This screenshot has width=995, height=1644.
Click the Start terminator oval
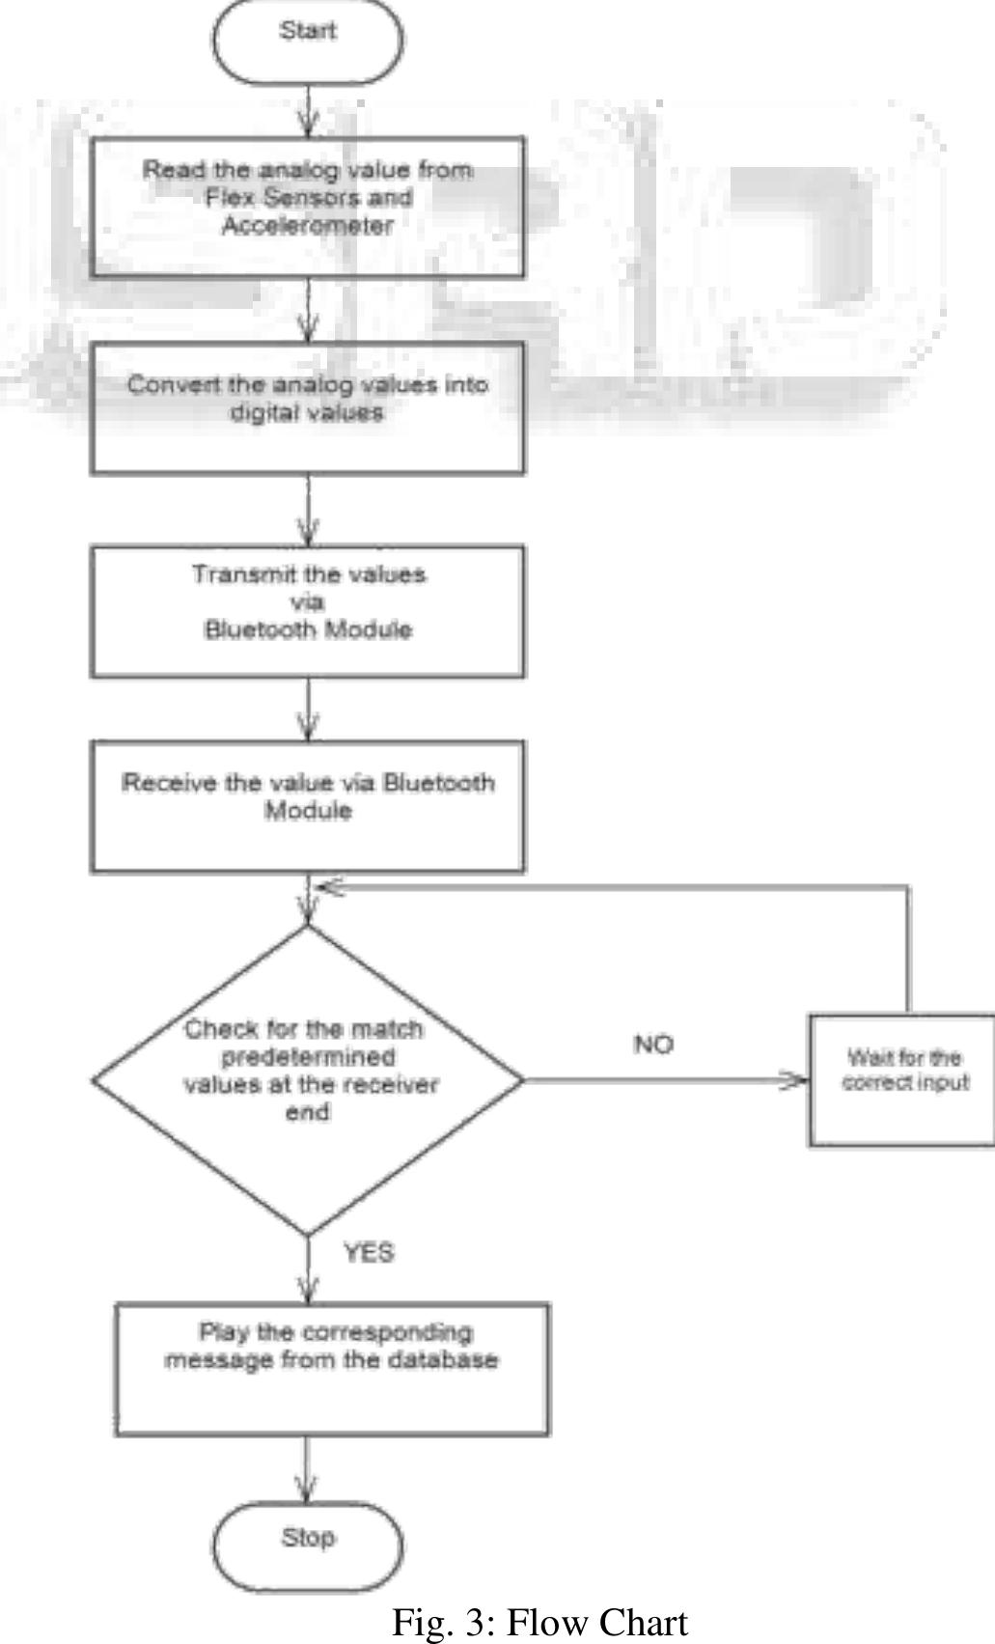point(307,42)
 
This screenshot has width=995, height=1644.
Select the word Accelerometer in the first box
point(308,226)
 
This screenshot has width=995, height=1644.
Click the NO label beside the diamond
point(653,1045)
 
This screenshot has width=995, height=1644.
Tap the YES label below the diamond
point(369,1253)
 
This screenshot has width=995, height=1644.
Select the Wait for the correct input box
point(903,1080)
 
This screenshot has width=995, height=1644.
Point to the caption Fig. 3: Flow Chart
point(539,1623)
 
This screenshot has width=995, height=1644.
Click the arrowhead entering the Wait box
point(793,1080)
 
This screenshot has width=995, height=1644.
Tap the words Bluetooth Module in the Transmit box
point(308,630)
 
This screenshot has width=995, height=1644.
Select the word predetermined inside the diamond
point(308,1057)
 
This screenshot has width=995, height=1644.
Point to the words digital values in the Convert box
point(306,413)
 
